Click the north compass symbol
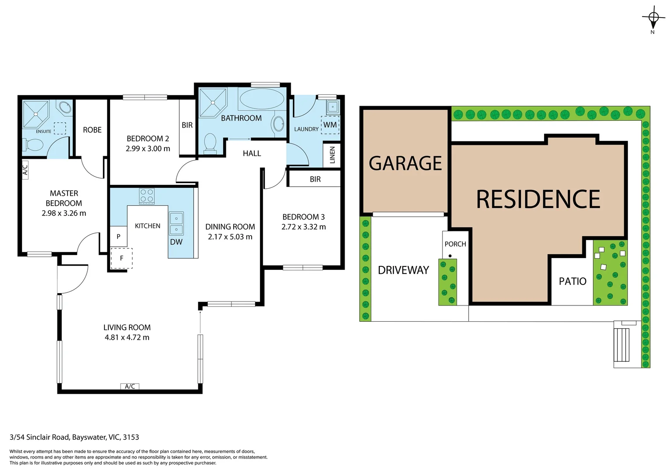coord(653,18)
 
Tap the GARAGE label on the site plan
coord(405,163)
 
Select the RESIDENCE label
coord(538,199)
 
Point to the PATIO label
coord(572,281)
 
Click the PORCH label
coord(455,244)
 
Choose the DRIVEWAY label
coord(403,270)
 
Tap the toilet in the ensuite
coord(33,144)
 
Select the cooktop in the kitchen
coord(146,196)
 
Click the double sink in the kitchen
coord(176,223)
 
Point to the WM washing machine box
coord(330,125)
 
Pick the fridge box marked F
coord(121,258)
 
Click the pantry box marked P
coord(118,237)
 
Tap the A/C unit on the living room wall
coord(130,387)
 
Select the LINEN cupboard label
coord(332,155)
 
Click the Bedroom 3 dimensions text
coord(303,227)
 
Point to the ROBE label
coord(92,130)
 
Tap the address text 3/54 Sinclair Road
coord(74,437)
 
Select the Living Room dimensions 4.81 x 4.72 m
coord(127,338)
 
